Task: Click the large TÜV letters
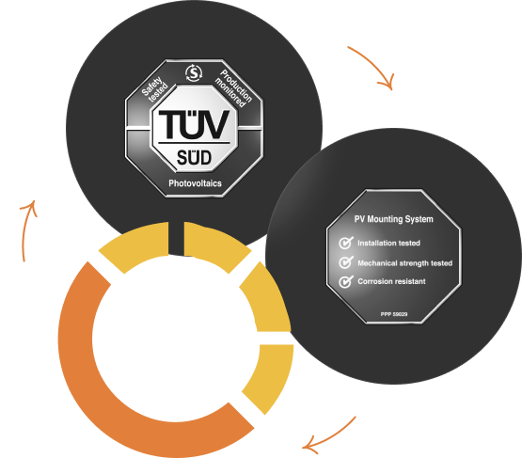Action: pos(194,123)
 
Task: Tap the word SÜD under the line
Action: pos(194,157)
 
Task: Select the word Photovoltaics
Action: pos(195,183)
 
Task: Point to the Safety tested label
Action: pos(155,88)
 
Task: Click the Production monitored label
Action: pos(233,88)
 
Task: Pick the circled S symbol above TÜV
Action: pos(194,73)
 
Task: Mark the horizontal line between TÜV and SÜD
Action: pos(194,143)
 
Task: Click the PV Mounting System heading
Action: pos(393,219)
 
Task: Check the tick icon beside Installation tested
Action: pos(346,243)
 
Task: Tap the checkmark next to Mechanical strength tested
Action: pos(346,262)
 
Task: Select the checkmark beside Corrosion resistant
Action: pos(346,281)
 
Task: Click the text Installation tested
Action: pos(388,243)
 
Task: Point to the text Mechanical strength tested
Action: pos(404,263)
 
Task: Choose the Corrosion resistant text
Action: pos(391,281)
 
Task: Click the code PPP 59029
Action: pos(394,314)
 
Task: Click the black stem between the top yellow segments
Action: pos(176,238)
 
